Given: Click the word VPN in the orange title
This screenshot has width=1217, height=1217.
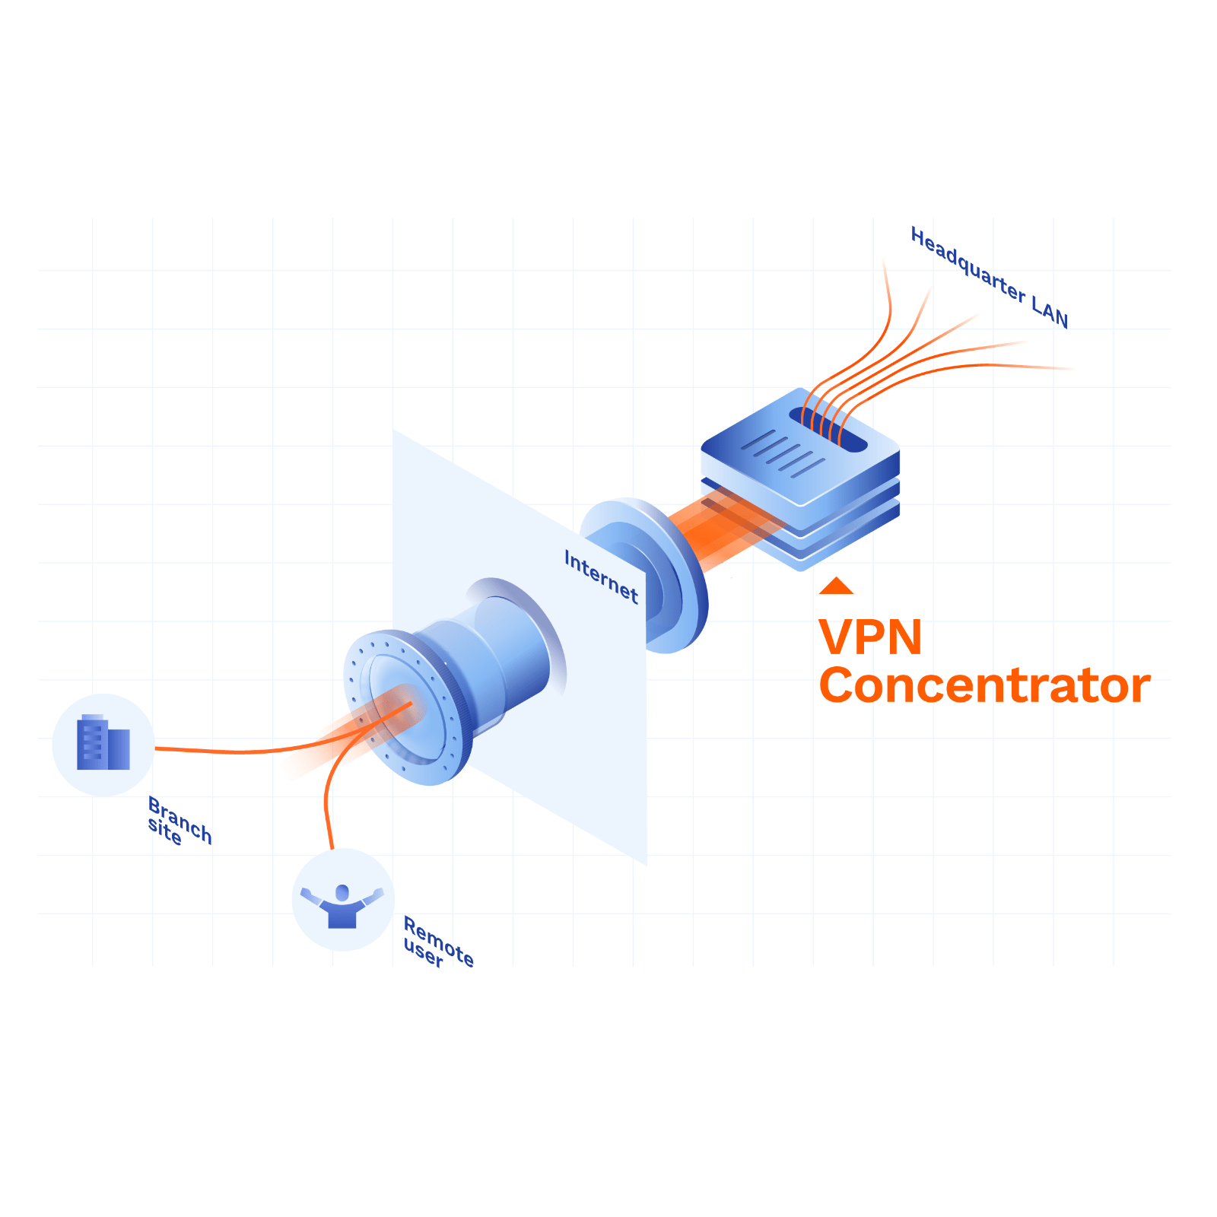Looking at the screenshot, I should coord(869,637).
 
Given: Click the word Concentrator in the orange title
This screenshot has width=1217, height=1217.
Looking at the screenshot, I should coord(984,686).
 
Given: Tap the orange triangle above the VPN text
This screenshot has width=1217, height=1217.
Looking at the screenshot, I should coord(836,586).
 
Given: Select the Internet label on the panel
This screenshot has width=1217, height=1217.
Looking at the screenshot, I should coord(601,577).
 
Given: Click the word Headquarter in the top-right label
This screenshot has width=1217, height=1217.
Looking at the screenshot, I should coord(968,265).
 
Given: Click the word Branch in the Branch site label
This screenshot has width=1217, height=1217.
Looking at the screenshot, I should coord(180,818).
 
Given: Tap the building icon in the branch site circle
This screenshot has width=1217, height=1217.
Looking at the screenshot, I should coord(103,743).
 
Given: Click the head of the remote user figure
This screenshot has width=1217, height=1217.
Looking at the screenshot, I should coord(342,891).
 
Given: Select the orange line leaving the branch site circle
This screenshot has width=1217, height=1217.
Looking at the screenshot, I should coord(228,751).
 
